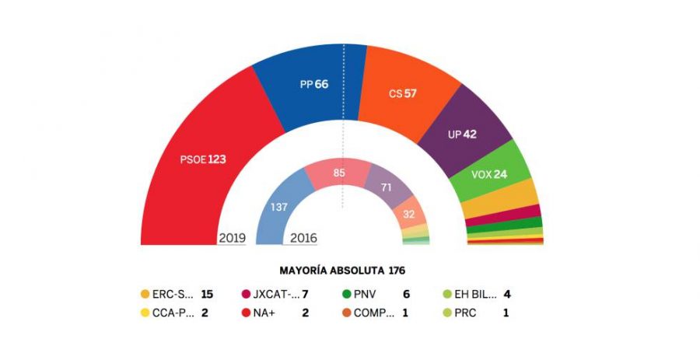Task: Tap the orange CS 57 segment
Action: pyautogui.click(x=402, y=93)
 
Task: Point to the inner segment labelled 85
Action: pyautogui.click(x=337, y=173)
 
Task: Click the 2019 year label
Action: pyautogui.click(x=232, y=238)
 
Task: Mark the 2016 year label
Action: pyautogui.click(x=303, y=238)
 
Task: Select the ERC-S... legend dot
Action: pyautogui.click(x=145, y=295)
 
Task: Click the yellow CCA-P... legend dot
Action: pyautogui.click(x=145, y=313)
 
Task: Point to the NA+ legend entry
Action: pyautogui.click(x=268, y=313)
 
